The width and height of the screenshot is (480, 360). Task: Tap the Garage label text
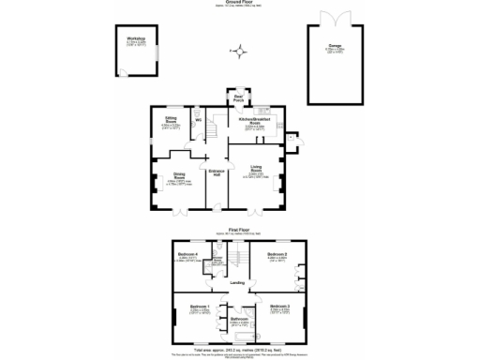335,43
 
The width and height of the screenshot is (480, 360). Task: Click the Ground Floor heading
239,4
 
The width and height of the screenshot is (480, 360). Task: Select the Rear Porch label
239,97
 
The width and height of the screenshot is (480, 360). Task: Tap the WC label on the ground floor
198,120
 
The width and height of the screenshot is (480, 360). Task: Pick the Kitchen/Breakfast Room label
254,121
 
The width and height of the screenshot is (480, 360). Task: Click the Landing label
238,282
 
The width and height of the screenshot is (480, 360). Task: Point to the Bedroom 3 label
280,307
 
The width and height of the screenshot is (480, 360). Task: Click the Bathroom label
238,319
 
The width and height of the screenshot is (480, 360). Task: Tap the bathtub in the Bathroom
240,336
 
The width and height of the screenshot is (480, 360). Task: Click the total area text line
239,349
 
